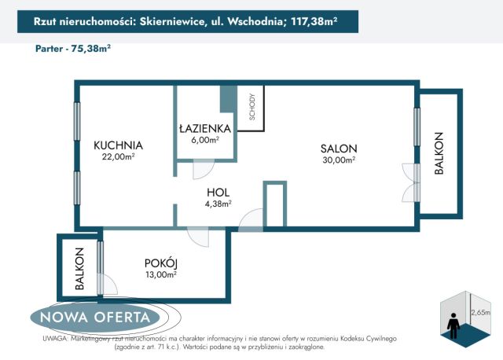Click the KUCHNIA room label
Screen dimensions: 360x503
pyautogui.click(x=118, y=145)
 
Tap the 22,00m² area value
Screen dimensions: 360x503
pyautogui.click(x=118, y=156)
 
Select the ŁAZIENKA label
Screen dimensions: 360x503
pyautogui.click(x=204, y=128)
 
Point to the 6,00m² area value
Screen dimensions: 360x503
pyautogui.click(x=204, y=140)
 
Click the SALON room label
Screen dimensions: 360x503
pyautogui.click(x=339, y=149)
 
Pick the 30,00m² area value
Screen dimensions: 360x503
pyautogui.click(x=339, y=160)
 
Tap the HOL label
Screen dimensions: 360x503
pyautogui.click(x=218, y=192)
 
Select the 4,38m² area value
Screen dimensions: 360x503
pyautogui.click(x=218, y=204)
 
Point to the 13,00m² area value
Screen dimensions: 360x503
pyautogui.click(x=160, y=274)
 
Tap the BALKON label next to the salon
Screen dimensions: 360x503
pyautogui.click(x=439, y=153)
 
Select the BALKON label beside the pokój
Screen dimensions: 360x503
pyautogui.click(x=79, y=270)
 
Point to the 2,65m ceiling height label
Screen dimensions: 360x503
pyautogui.click(x=480, y=312)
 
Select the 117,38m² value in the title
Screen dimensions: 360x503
pyautogui.click(x=312, y=22)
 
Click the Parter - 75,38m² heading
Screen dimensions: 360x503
pyautogui.click(x=73, y=48)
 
